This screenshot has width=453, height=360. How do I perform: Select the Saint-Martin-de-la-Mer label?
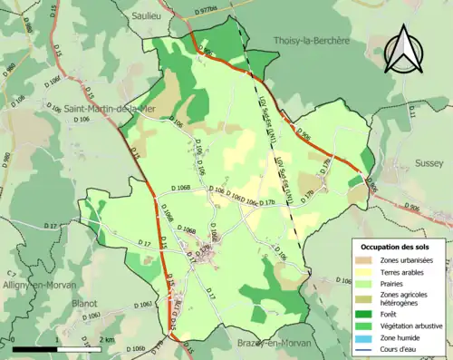pyautogui.click(x=105, y=111)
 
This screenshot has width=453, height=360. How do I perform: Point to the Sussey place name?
pyautogui.click(x=429, y=163)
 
